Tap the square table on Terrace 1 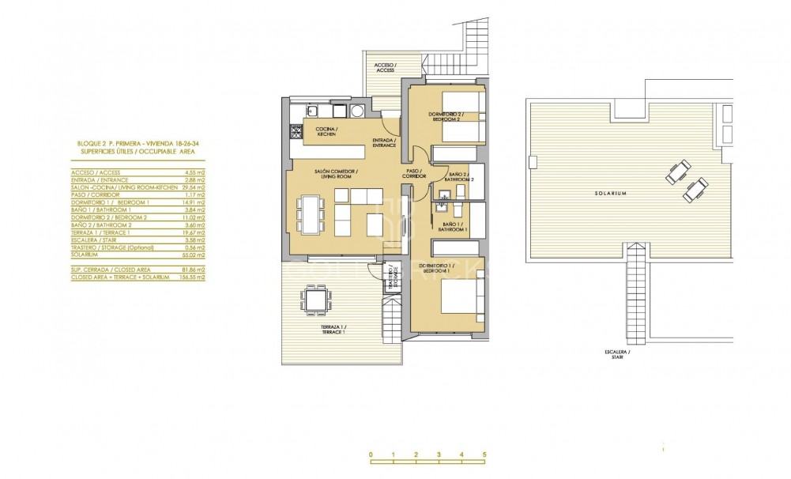(315, 300)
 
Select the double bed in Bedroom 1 (461, 304)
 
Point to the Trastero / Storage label (391, 279)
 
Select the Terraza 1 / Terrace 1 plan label (333, 330)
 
